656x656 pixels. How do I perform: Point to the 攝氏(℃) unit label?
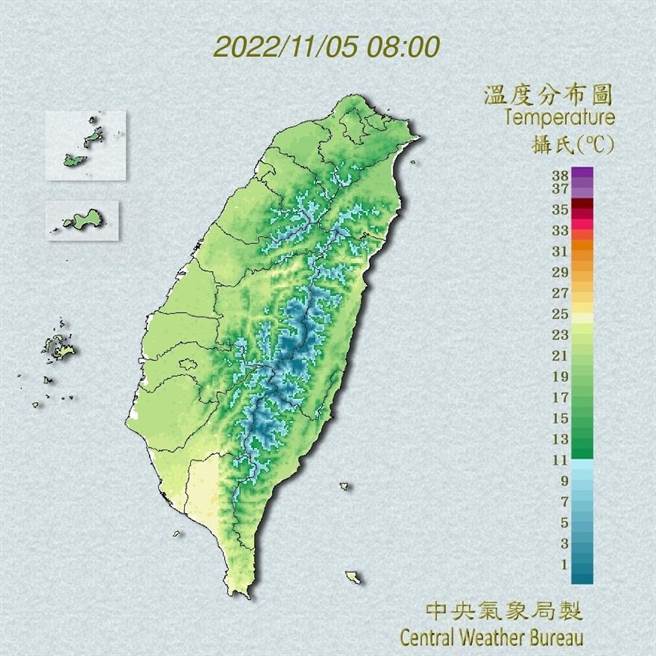572,143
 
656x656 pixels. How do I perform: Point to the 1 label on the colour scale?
563,565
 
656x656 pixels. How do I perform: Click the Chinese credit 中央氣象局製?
503,610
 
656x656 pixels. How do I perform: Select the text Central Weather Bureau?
491,635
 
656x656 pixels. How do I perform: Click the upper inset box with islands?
85,145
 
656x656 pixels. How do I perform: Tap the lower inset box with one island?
83,220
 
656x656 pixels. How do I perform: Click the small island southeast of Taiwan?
353,577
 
